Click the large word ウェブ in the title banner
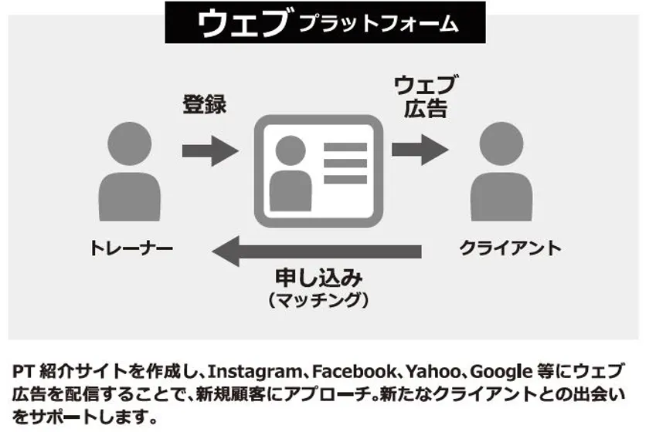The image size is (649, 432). point(242,22)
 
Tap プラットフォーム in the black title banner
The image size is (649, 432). point(379,24)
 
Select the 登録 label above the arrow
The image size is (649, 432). point(205,104)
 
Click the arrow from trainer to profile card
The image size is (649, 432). point(210,150)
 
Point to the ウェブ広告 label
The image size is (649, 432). point(425,96)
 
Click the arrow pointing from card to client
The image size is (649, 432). point(420,150)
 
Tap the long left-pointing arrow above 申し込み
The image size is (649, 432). point(317,251)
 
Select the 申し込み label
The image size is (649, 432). point(318,278)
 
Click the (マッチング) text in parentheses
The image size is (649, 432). point(318,300)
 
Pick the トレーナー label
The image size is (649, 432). point(131,248)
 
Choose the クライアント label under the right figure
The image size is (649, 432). point(510,248)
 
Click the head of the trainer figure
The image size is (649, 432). point(130,143)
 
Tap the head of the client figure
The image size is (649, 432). point(501,143)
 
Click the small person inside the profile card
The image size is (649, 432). point(291,174)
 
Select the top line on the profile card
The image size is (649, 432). point(345,147)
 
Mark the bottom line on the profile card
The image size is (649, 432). point(345,180)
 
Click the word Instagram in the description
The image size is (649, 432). point(254,372)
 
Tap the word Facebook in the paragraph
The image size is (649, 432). point(355,371)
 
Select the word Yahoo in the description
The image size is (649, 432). point(433,371)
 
